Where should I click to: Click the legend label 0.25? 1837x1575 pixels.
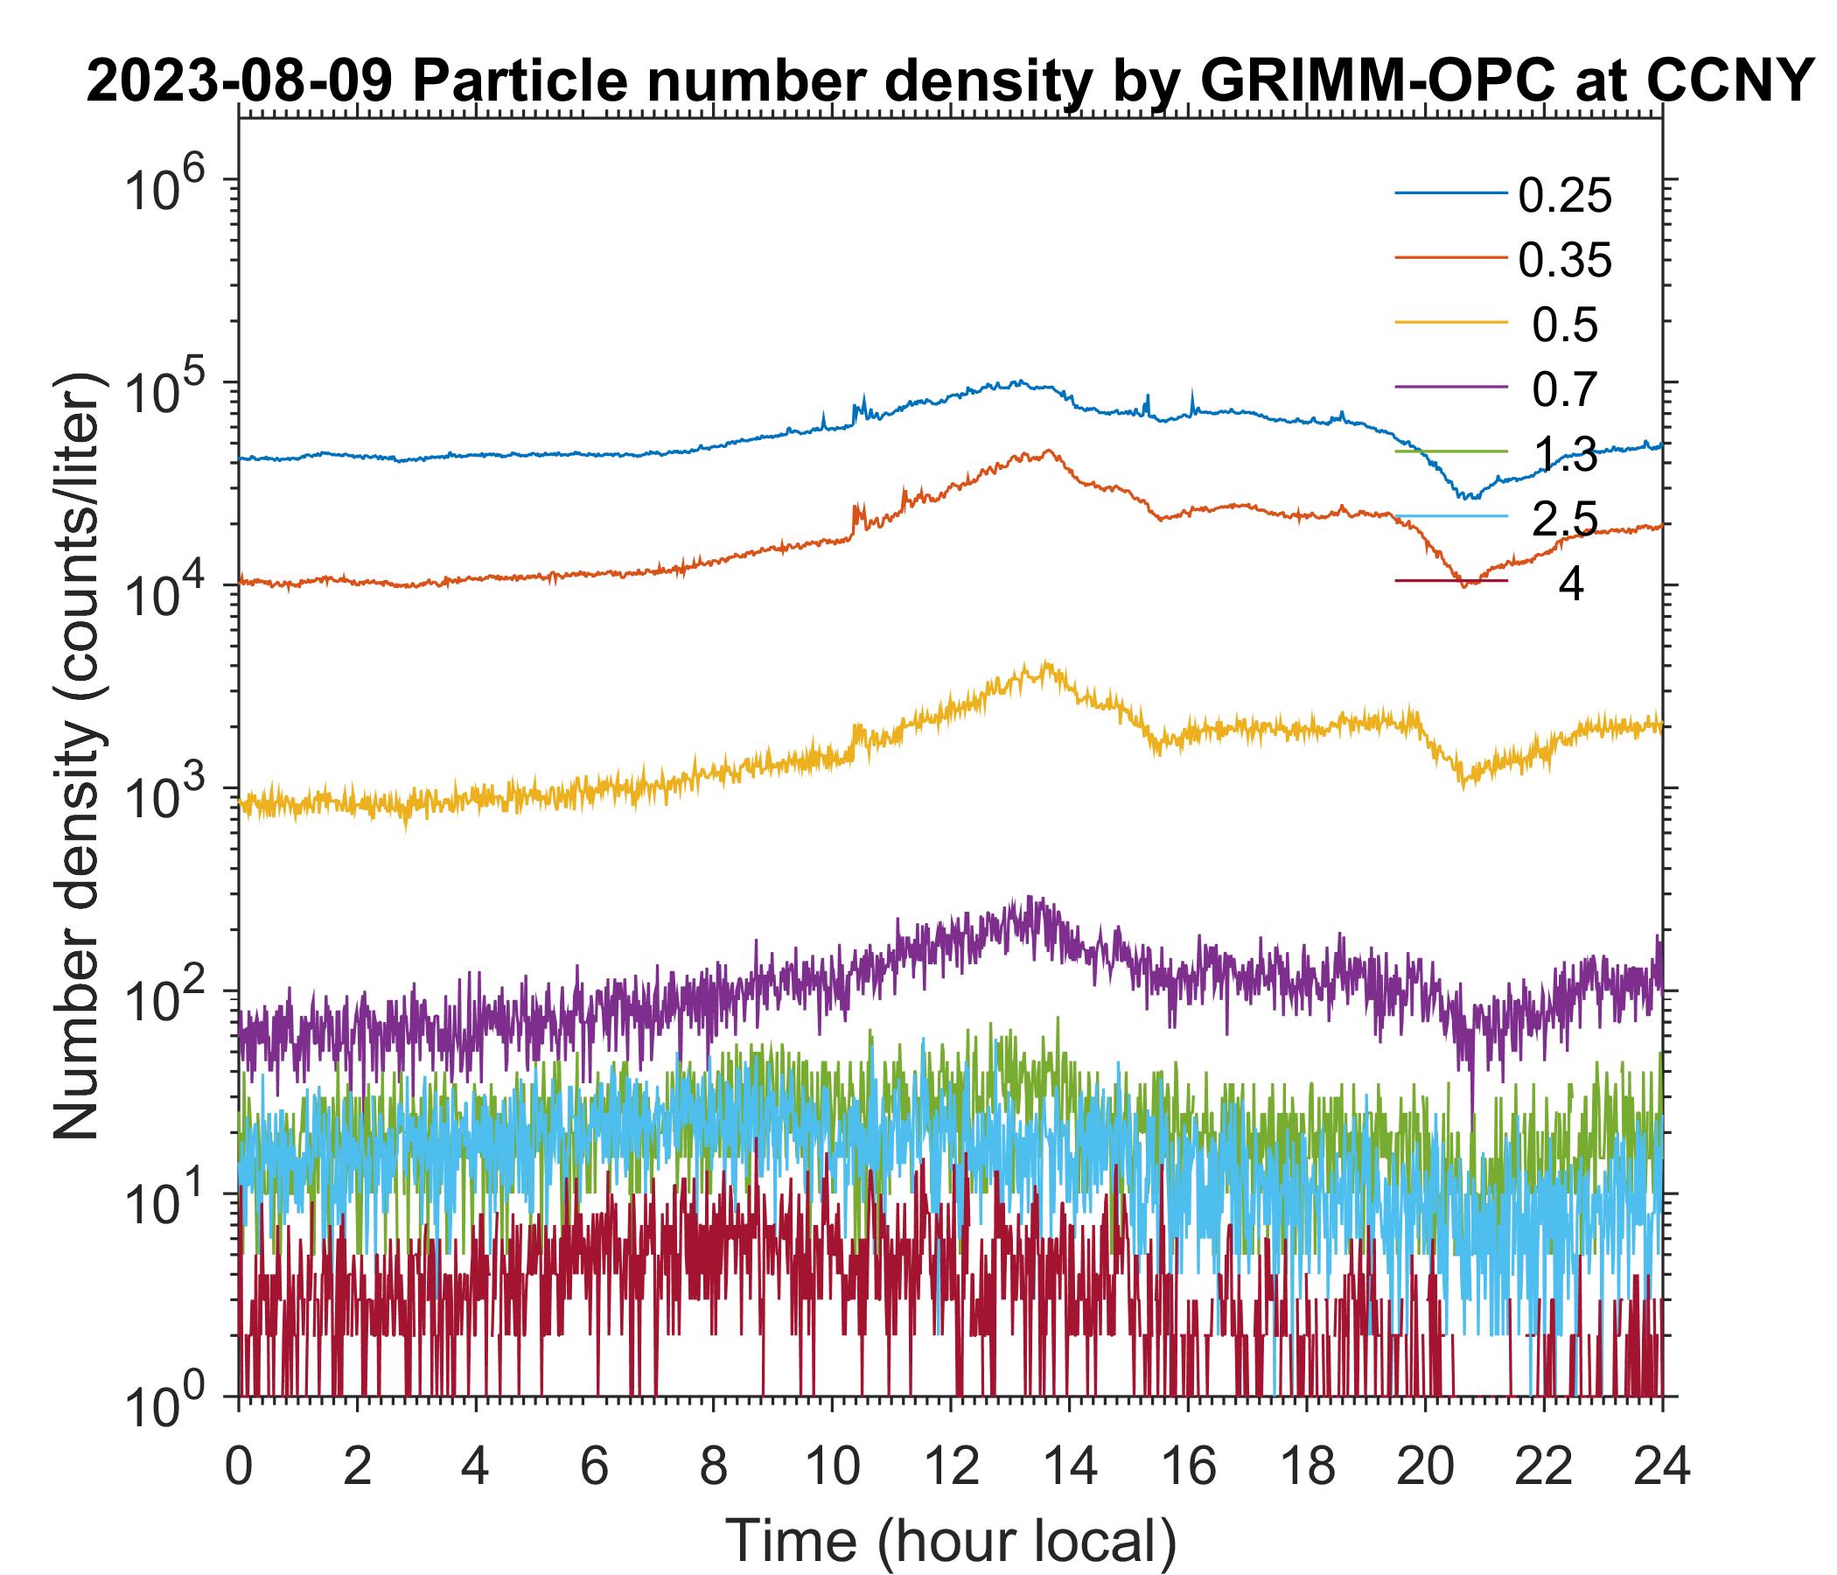click(1564, 196)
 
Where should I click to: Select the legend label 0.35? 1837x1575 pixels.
click(1564, 261)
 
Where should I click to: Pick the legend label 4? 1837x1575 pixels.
click(1570, 585)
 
